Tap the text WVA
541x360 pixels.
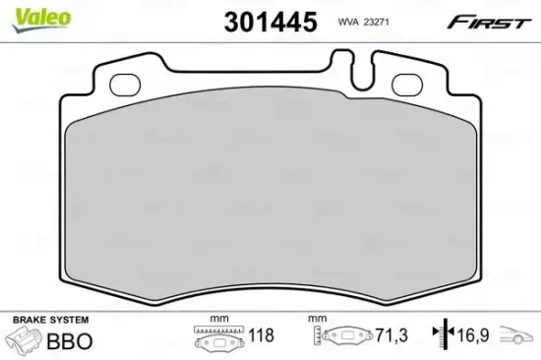(347, 19)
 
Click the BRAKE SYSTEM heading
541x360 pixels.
(49, 320)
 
